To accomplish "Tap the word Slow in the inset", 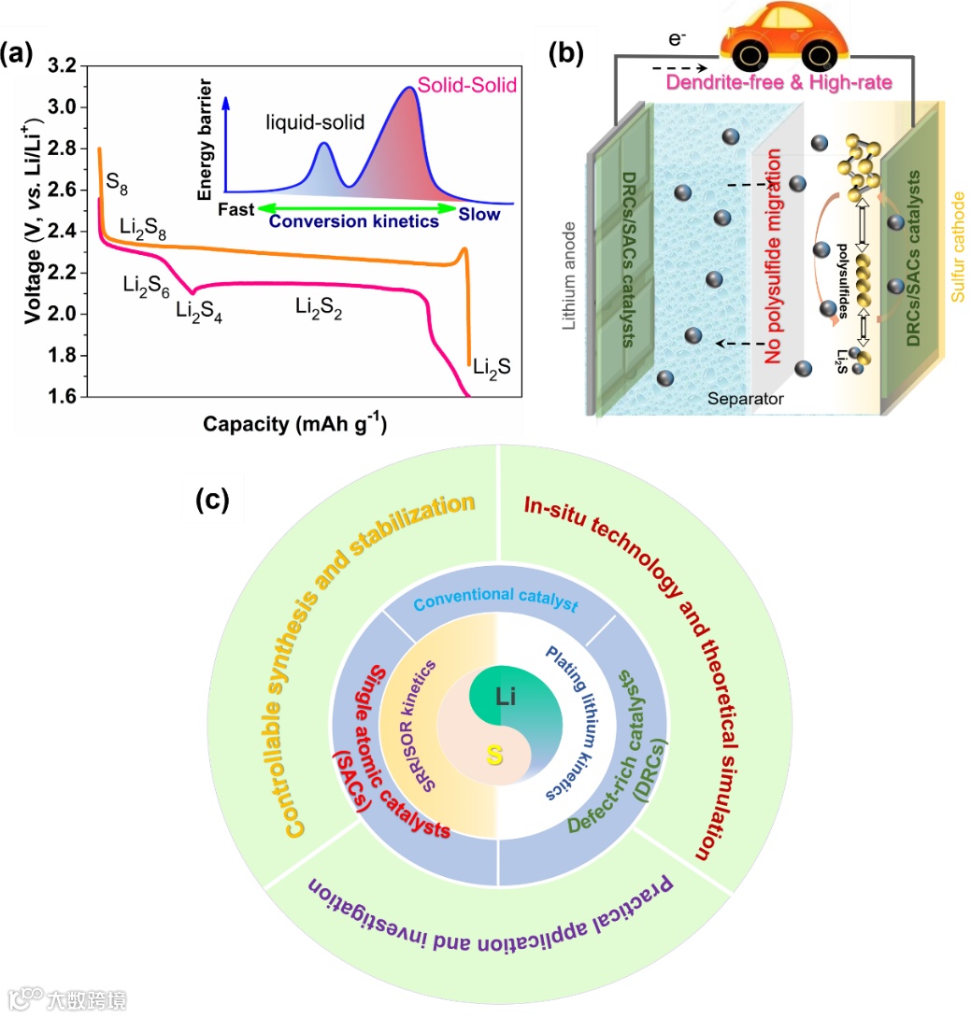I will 478,213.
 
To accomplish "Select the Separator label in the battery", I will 744,400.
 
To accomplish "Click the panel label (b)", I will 570,51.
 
